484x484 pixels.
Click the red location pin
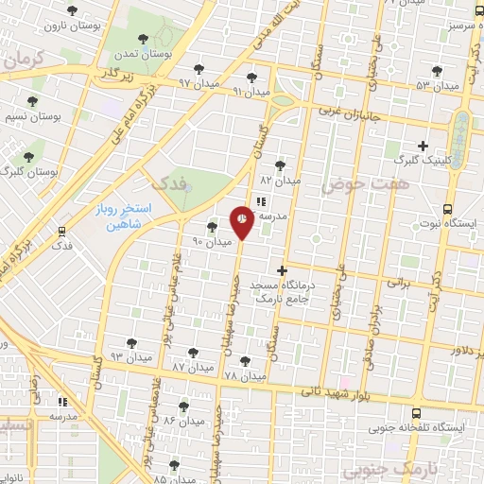pyautogui.click(x=241, y=220)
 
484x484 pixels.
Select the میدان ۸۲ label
pyautogui.click(x=280, y=180)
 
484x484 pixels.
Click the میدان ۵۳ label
pyautogui.click(x=436, y=86)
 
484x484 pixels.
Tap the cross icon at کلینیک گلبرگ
pyautogui.click(x=423, y=145)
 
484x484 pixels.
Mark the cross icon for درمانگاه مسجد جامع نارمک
pyautogui.click(x=281, y=270)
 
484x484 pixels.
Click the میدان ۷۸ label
pyautogui.click(x=244, y=376)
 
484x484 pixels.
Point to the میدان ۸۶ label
pyautogui.click(x=182, y=420)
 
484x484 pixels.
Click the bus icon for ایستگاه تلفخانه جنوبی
pyautogui.click(x=417, y=412)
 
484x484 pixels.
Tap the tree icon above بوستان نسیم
pyautogui.click(x=32, y=100)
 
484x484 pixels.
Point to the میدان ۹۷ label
pyautogui.click(x=198, y=84)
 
